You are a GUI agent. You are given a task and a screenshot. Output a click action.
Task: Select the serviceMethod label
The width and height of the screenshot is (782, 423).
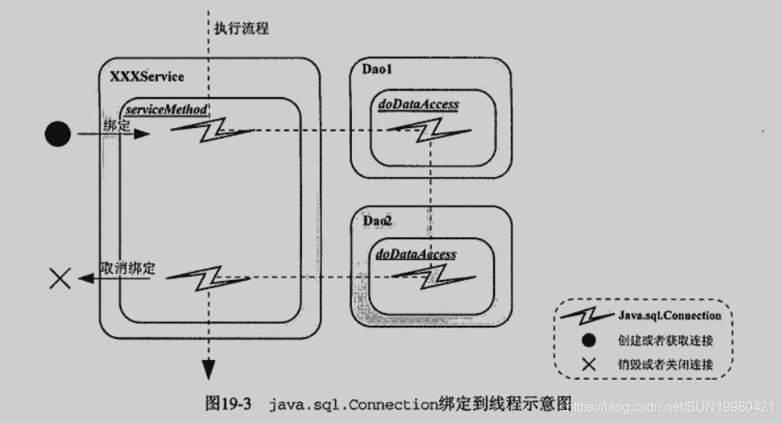pyautogui.click(x=166, y=110)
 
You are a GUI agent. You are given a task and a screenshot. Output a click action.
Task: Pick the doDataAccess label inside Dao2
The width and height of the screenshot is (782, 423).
pyautogui.click(x=416, y=254)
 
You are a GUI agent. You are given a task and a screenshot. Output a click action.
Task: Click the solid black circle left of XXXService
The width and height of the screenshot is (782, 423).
pyautogui.click(x=57, y=133)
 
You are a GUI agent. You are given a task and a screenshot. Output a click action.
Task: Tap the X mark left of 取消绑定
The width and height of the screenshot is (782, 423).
pyautogui.click(x=60, y=279)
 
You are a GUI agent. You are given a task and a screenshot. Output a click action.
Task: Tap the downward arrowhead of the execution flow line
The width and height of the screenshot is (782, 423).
pyautogui.click(x=208, y=370)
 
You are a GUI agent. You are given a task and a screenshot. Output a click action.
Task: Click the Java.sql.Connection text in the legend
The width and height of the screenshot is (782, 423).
pyautogui.click(x=669, y=316)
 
